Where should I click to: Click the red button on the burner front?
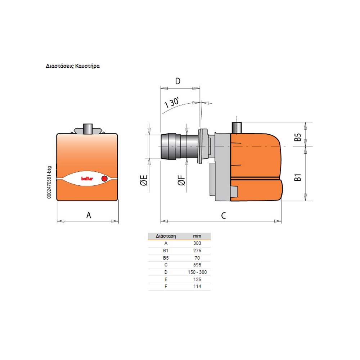[x=104, y=179]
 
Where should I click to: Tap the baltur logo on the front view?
[x=87, y=179]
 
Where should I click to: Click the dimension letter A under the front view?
[x=89, y=215]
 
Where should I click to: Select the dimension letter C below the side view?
[x=224, y=216]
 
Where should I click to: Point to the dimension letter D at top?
[x=178, y=81]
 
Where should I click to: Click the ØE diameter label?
[x=144, y=180]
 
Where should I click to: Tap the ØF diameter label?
[x=181, y=180]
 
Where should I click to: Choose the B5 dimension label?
[x=298, y=137]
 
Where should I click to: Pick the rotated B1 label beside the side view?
[x=298, y=177]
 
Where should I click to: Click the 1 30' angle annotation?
[x=172, y=103]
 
